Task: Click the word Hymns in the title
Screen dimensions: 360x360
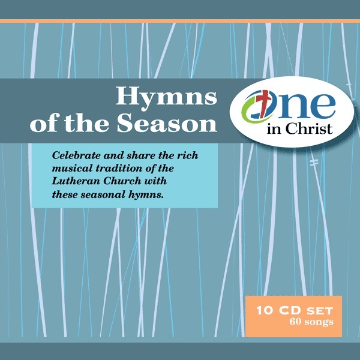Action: [165, 97]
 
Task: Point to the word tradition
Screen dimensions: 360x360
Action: [118, 167]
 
